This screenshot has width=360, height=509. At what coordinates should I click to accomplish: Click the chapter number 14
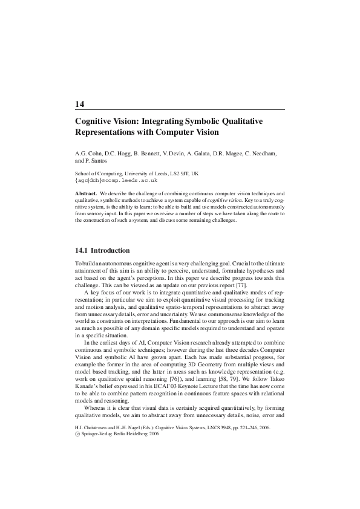pyautogui.click(x=79, y=105)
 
